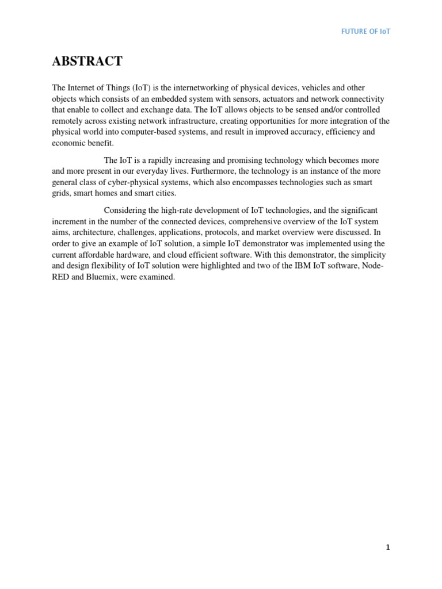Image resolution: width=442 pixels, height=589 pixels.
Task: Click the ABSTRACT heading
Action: [87, 62]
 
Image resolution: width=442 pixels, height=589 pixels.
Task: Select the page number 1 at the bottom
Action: [388, 548]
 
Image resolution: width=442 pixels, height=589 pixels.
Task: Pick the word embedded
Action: [179, 98]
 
